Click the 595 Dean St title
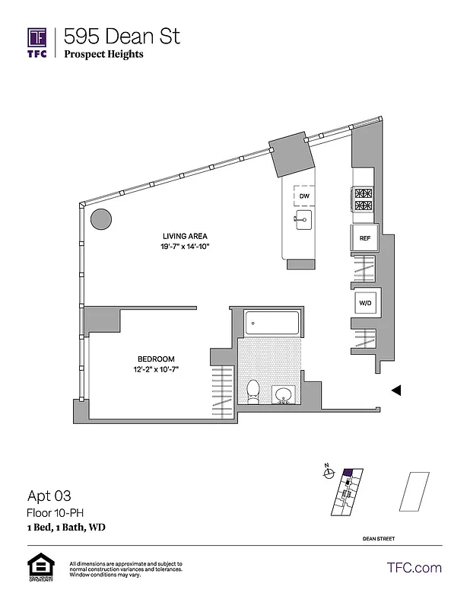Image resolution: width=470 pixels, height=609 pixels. tap(122, 36)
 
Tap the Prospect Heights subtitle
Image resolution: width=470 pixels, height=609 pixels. tap(103, 55)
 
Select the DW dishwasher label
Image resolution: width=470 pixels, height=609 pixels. tap(304, 196)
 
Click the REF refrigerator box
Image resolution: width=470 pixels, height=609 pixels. tap(365, 238)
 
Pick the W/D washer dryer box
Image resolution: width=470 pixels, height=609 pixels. tap(365, 304)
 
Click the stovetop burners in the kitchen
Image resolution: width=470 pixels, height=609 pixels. tap(363, 199)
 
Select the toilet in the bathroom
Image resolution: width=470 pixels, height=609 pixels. tap(253, 391)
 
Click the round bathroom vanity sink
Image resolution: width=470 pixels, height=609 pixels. tap(284, 395)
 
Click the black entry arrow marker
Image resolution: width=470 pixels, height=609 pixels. tap(395, 390)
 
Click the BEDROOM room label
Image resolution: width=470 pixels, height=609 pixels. tap(156, 359)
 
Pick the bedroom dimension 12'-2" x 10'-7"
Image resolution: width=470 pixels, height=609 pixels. tap(156, 370)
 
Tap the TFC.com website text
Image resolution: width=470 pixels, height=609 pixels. tap(414, 568)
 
